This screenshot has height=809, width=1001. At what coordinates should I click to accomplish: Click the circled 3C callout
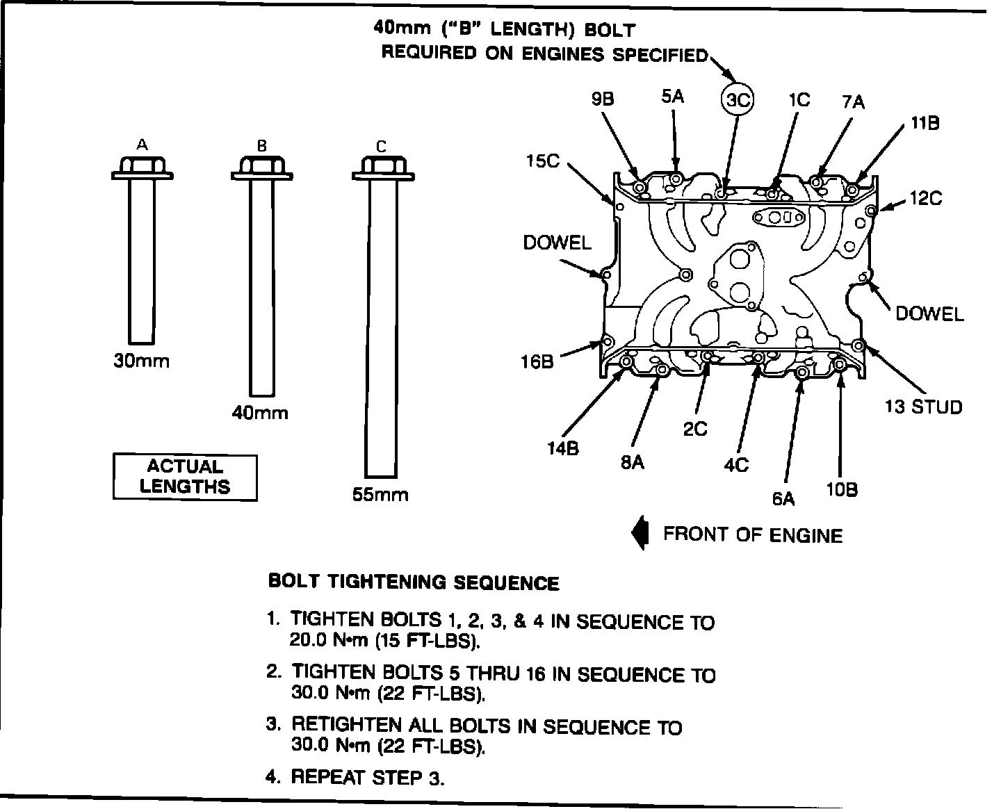[737, 101]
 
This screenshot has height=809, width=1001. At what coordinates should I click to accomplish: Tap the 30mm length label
[141, 362]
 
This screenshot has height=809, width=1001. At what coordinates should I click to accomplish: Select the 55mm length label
[380, 495]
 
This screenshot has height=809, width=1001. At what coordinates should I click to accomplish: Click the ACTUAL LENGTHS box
[185, 477]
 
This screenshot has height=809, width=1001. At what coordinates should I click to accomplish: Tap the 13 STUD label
[923, 407]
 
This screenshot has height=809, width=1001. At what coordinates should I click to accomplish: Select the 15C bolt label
[542, 161]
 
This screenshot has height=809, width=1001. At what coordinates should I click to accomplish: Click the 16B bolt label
[537, 361]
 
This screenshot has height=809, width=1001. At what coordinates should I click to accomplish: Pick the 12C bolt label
[925, 199]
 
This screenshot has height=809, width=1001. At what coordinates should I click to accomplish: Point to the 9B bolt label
[603, 99]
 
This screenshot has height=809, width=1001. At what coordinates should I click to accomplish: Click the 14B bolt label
[562, 448]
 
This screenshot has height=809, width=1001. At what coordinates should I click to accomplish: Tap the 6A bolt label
[783, 498]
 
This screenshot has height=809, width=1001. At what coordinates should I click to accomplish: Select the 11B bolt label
[925, 124]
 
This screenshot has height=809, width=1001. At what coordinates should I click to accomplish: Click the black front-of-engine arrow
[640, 534]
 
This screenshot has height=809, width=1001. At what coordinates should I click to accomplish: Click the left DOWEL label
[557, 243]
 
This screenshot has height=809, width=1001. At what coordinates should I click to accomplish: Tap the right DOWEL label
[929, 313]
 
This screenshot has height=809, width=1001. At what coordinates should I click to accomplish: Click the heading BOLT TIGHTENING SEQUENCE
[414, 582]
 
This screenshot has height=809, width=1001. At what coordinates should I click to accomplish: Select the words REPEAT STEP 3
[366, 777]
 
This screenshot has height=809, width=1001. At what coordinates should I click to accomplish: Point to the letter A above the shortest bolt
[142, 145]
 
